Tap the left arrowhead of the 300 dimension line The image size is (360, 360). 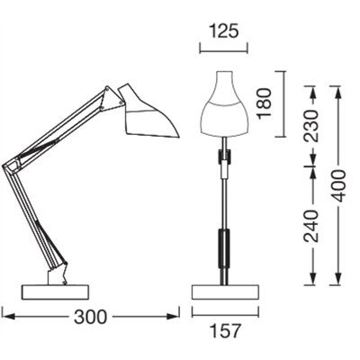click(x=5, y=316)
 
